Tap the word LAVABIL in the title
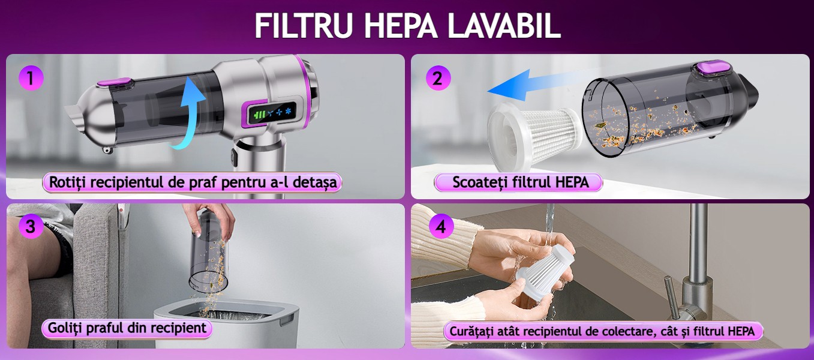point(504,26)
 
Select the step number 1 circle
point(31,78)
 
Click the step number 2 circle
point(438,78)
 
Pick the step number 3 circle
point(31,226)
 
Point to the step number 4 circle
point(441,226)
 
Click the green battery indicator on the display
point(260,115)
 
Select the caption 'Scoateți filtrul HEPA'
point(520,182)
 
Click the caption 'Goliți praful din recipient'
point(127,328)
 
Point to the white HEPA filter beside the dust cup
point(533,136)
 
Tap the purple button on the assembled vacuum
point(114,84)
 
